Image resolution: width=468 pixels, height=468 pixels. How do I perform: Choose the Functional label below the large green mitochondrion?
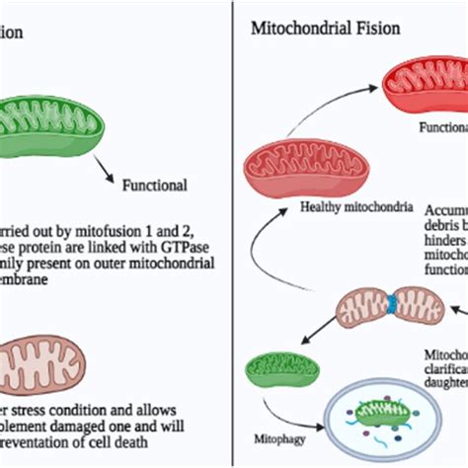[154, 185]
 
